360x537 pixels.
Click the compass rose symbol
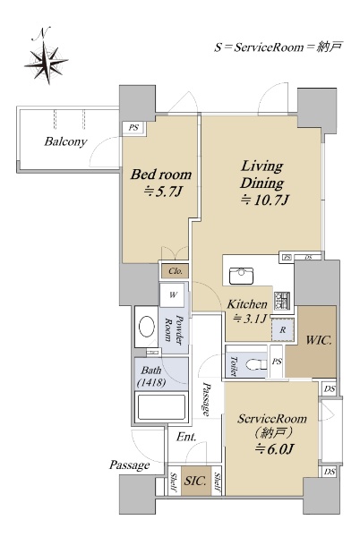(x=46, y=62)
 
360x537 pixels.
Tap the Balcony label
(x=65, y=141)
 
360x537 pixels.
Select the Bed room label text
(x=161, y=175)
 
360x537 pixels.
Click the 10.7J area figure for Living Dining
(x=265, y=200)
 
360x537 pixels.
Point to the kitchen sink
(x=241, y=276)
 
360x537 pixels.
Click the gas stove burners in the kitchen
(x=282, y=301)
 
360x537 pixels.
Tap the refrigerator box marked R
(x=283, y=329)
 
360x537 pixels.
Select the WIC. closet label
(x=319, y=341)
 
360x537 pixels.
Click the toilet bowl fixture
(x=256, y=364)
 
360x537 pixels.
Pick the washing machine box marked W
(x=174, y=294)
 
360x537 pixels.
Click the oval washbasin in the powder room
(x=147, y=327)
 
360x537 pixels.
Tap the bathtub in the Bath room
(x=161, y=407)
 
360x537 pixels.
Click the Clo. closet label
(x=176, y=271)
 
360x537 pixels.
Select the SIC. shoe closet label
(x=195, y=481)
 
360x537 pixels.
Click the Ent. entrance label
(x=186, y=437)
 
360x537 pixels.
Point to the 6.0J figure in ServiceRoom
(x=275, y=449)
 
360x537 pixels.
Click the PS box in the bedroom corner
(x=134, y=128)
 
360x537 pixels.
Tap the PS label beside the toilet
(x=277, y=362)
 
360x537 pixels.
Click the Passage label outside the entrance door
(x=130, y=465)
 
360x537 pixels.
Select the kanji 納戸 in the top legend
(x=330, y=47)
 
